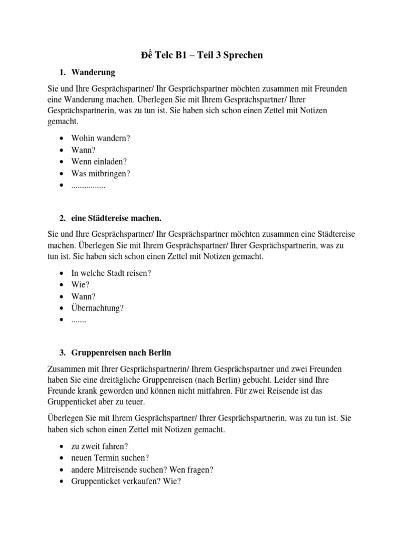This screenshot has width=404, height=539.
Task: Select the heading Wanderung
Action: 93,72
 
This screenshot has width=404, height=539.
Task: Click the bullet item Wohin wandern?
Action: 100,138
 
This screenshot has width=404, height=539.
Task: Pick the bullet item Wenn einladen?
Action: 99,162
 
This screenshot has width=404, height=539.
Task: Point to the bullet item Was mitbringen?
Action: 100,173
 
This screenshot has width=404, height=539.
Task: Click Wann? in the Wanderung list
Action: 84,150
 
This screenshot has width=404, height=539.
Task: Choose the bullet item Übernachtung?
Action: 97,308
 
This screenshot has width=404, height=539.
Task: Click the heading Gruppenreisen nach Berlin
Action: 122,353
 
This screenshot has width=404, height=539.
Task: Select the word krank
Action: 85,391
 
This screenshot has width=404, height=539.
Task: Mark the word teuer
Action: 132,402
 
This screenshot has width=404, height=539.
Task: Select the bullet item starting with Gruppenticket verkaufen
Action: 126,481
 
